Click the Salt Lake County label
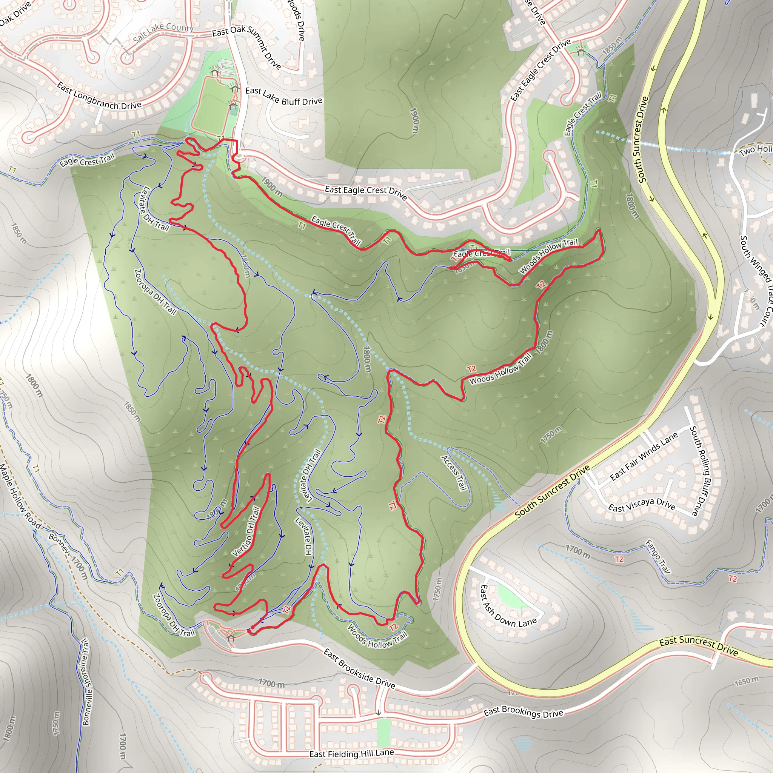coord(163,33)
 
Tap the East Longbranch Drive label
coord(99,96)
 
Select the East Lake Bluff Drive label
coord(284,96)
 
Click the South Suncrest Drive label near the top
coord(642,140)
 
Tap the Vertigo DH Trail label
coord(246,532)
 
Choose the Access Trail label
coord(454,473)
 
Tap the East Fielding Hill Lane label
coord(352,754)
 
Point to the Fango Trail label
coord(658,556)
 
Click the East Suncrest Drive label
coord(699,647)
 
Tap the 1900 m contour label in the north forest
coord(415,120)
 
